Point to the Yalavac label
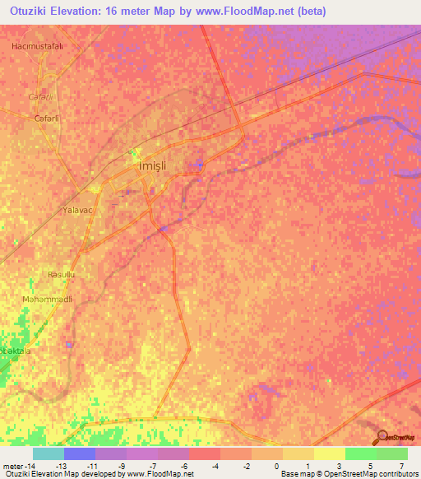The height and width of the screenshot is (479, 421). pyautogui.click(x=80, y=211)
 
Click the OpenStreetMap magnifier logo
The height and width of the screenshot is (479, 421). pyautogui.click(x=382, y=438)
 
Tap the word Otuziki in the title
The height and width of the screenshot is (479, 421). pyautogui.click(x=31, y=12)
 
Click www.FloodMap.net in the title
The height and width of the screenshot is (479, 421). pyautogui.click(x=245, y=12)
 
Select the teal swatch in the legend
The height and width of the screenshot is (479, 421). pyautogui.click(x=48, y=453)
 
